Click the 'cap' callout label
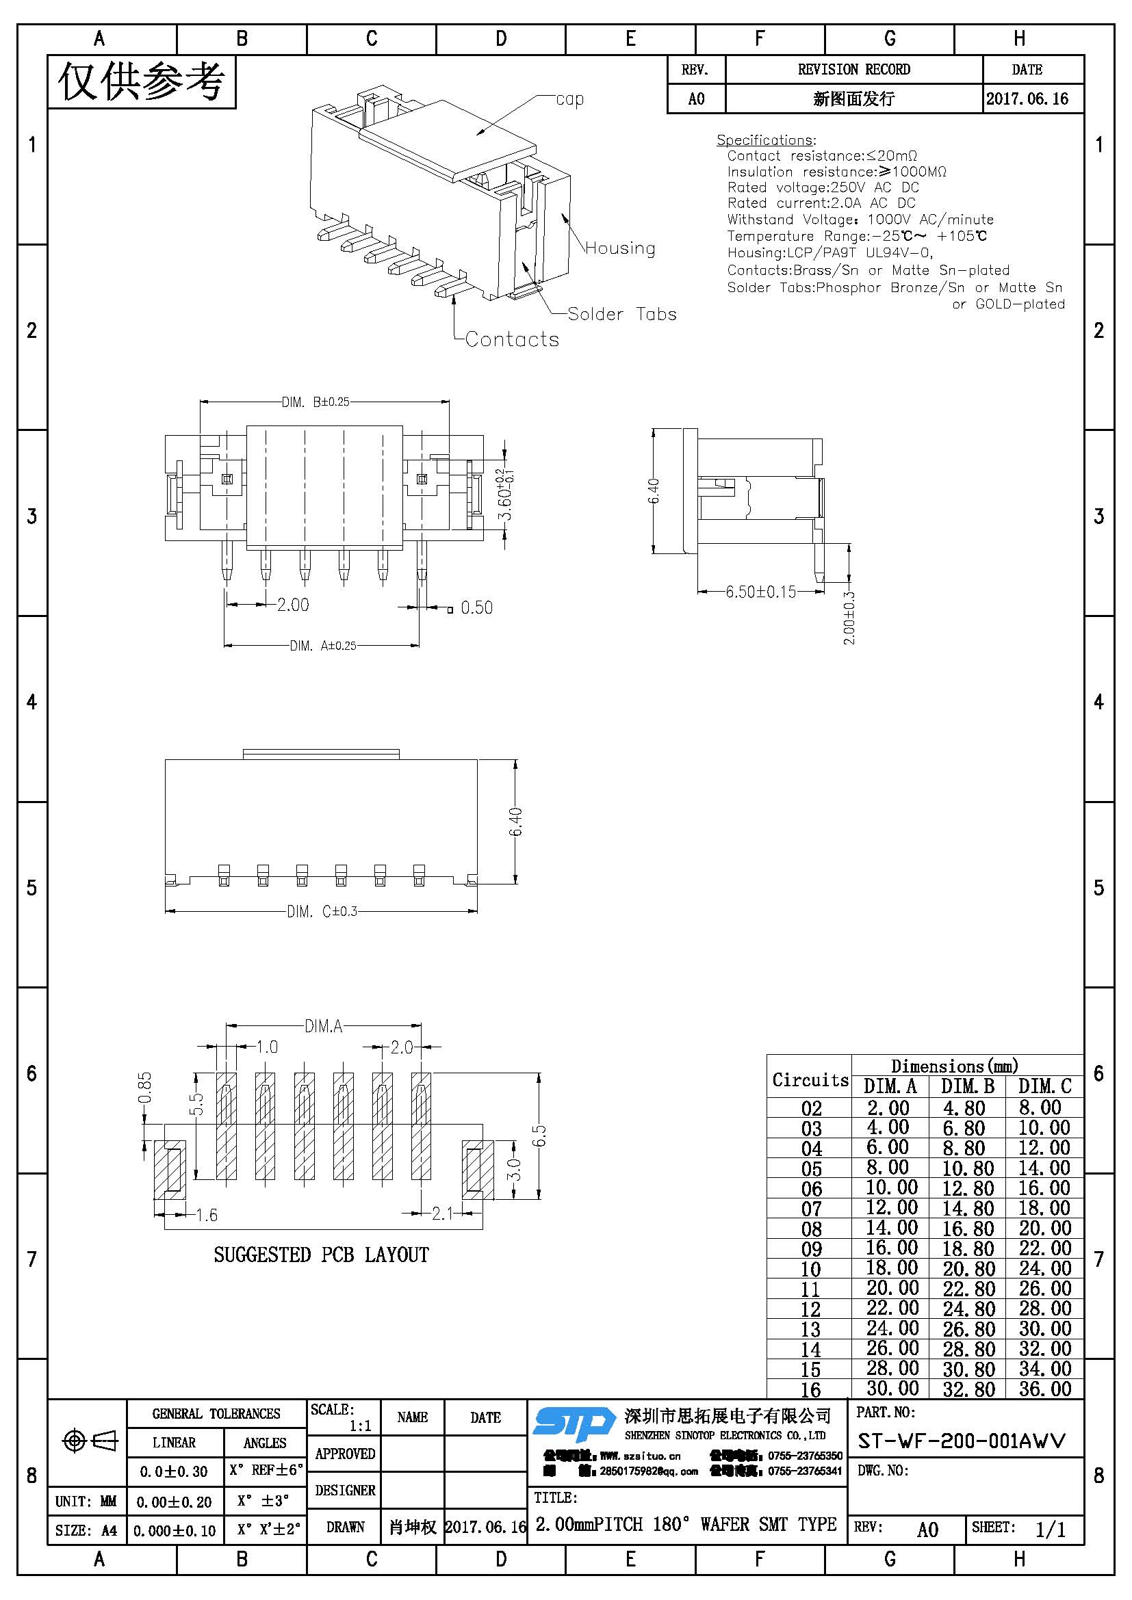point(569,100)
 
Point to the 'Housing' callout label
point(619,248)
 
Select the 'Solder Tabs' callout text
point(621,314)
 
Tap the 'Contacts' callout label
point(512,339)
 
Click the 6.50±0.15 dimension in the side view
point(760,592)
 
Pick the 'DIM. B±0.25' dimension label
point(315,402)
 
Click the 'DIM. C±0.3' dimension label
point(322,910)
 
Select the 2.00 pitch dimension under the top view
point(293,605)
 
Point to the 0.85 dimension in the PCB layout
point(144,1088)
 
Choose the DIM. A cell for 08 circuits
point(888,1227)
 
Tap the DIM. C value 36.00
point(1044,1388)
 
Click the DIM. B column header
point(967,1086)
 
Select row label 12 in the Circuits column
point(810,1309)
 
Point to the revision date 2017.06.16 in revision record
point(1027,99)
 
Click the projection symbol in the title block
point(90,1441)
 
